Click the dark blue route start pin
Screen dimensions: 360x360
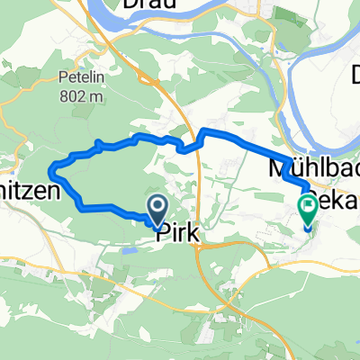(156, 213)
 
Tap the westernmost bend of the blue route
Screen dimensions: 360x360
(55, 166)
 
